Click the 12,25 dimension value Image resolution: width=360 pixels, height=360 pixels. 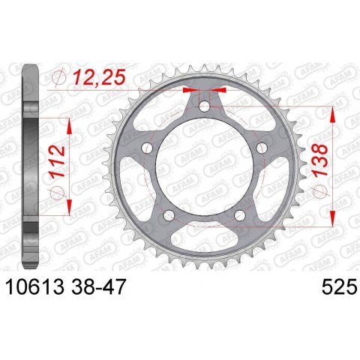(100, 77)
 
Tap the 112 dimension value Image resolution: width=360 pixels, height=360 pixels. (57, 161)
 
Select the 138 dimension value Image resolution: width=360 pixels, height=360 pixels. (320, 160)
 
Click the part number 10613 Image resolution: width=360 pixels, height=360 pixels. (34, 287)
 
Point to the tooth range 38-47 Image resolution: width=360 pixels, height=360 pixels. (97, 287)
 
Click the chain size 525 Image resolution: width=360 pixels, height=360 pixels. (339, 287)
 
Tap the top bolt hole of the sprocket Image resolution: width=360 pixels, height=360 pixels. (205, 106)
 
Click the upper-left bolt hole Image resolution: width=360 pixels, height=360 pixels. (147, 148)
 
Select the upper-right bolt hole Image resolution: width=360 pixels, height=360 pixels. (262, 148)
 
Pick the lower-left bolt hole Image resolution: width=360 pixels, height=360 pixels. (169, 215)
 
